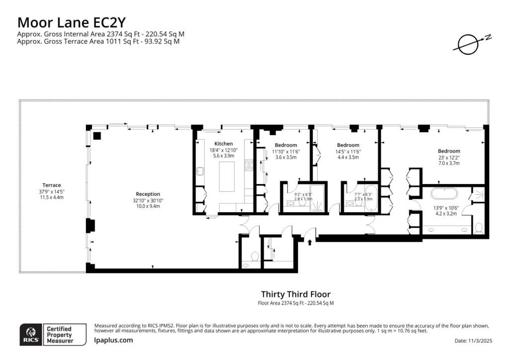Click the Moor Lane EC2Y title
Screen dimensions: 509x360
(71, 22)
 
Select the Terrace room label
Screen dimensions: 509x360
(52, 185)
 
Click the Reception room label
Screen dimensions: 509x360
(148, 194)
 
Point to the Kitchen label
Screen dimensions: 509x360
(223, 144)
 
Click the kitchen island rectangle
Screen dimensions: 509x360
(227, 177)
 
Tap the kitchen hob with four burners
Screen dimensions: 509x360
(249, 165)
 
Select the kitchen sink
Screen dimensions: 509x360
(200, 171)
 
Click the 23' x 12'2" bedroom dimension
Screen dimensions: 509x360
(449, 158)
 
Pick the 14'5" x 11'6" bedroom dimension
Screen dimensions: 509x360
(348, 152)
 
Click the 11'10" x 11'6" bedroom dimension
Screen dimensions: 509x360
(286, 152)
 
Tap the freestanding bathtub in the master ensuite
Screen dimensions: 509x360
(444, 194)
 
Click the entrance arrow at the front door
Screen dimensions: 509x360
(310, 242)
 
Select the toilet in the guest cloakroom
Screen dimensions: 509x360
(255, 256)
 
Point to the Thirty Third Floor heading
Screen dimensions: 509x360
(296, 294)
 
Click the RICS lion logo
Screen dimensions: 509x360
(31, 334)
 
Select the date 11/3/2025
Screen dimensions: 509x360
(481, 341)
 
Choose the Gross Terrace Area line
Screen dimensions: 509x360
(98, 41)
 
